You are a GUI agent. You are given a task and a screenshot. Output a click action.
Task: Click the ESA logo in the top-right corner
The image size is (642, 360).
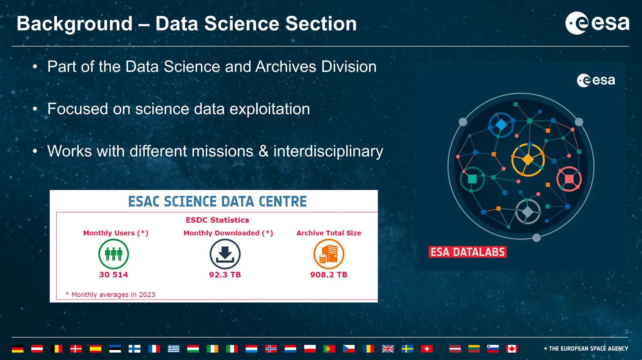pos(597,23)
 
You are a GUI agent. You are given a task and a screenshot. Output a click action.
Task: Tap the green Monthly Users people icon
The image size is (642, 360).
pos(113,254)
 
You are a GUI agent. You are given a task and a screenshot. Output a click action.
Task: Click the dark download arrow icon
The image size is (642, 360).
pos(225,254)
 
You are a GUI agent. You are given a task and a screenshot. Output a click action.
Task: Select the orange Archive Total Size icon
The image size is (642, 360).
pos(329,254)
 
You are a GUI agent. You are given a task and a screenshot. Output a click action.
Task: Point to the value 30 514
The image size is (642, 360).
pos(113,275)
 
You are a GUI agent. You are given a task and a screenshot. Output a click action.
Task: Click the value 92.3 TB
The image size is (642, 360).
pos(225,275)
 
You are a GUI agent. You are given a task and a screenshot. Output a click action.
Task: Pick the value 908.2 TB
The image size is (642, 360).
pos(329,275)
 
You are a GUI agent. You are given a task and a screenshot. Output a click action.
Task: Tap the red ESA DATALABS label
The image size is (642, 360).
pos(467,252)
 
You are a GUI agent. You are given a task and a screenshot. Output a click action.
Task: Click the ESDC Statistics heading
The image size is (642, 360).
pos(217,220)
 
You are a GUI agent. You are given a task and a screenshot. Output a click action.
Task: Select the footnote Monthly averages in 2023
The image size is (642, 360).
pos(113,294)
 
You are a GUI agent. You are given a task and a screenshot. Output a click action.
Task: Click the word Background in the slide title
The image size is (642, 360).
pos(75,24)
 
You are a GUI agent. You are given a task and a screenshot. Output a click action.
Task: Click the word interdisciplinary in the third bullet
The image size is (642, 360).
pos(328,151)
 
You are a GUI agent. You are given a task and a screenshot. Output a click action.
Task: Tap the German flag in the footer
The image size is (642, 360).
pos(18,348)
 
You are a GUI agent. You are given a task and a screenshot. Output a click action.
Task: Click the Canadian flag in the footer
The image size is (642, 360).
pos(512,348)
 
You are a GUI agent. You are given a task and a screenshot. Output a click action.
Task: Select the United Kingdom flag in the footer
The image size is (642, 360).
pos(388,348)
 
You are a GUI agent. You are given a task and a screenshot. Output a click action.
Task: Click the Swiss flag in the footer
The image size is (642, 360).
pos(427,348)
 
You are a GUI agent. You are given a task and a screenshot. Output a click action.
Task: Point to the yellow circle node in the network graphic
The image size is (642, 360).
pos(528,160)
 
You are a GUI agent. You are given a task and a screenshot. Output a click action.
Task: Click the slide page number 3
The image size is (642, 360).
pos(626,331)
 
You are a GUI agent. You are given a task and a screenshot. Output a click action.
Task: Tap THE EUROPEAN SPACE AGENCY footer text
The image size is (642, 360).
pos(588,348)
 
